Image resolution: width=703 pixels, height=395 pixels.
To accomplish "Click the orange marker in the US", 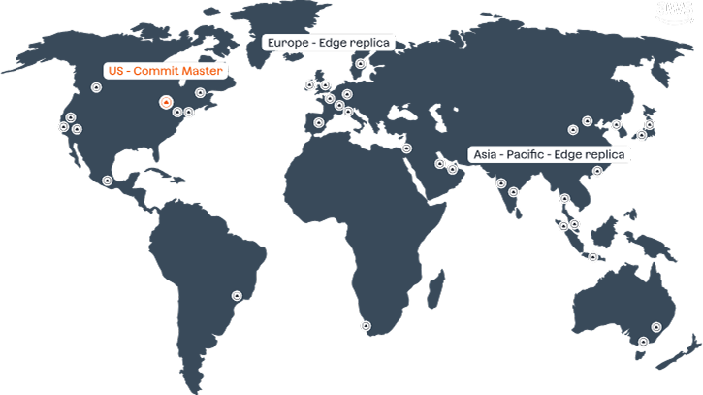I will point(166,102).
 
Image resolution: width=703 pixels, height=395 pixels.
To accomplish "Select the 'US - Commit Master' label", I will point(164,71).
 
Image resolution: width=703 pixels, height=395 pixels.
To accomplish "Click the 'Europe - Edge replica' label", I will point(330,42).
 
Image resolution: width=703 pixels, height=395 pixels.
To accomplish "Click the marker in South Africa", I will point(365,326).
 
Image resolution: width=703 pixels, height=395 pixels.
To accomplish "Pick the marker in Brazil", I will point(236,295).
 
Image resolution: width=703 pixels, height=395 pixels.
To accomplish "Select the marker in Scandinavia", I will point(360,65).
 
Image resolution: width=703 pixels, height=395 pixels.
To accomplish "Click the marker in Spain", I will point(319,122).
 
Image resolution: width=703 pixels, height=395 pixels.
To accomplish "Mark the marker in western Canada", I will point(96,87).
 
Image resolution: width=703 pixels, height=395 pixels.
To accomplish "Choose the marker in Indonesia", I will point(592,256).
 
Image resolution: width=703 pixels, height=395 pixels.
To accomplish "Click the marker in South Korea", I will point(616,124).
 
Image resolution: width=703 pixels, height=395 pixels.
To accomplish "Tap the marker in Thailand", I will point(563,198).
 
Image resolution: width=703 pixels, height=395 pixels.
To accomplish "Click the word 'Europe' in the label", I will point(287,42).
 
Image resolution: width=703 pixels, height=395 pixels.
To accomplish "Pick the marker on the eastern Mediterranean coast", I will point(406,148).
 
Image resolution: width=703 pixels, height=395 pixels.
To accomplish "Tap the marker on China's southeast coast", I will point(597,171).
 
